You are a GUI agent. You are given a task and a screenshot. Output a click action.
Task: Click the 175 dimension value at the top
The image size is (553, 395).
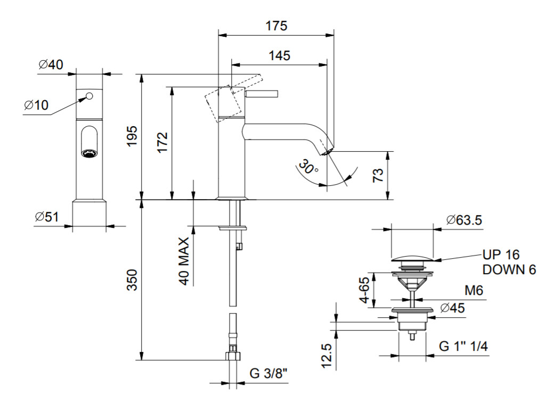pos(276,26)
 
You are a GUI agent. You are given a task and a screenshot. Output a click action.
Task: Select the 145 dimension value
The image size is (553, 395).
pos(279,55)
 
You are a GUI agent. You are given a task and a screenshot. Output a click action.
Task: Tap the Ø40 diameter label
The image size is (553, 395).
pos(51,64)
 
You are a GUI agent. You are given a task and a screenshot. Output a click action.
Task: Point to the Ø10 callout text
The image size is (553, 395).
pos(36,105)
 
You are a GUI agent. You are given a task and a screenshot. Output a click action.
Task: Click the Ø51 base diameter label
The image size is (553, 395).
pos(47,217)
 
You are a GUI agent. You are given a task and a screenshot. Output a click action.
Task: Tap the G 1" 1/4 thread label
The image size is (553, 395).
pos(463,347)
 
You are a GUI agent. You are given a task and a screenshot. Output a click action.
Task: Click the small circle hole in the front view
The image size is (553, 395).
pos(89,96)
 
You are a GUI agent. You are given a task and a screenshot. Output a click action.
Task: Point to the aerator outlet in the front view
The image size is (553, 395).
pos(89,153)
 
